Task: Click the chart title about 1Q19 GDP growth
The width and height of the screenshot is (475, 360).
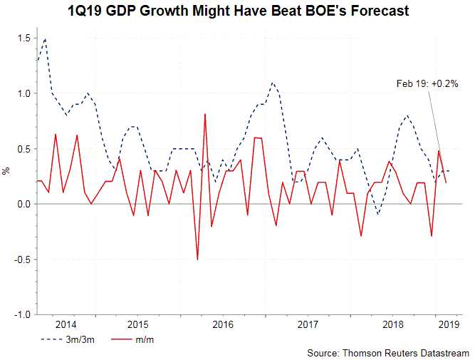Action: click(237, 11)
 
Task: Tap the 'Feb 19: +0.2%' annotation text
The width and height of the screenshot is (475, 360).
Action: click(427, 83)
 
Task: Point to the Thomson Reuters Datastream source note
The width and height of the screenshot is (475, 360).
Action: click(388, 353)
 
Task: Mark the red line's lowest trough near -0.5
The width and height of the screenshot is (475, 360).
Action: click(197, 259)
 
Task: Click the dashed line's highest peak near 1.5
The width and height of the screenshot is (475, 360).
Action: click(45, 39)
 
